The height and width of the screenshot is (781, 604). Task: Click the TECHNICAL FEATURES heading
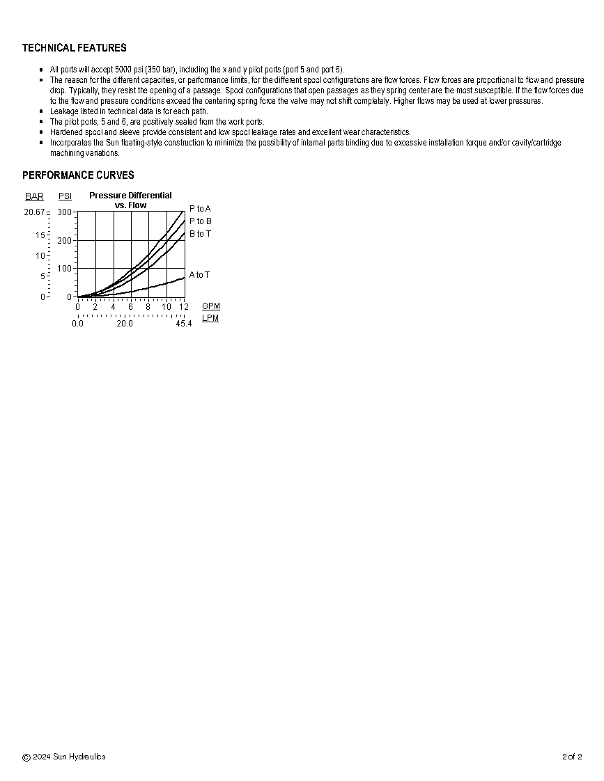[75, 48]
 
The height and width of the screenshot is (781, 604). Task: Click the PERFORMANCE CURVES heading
[78, 175]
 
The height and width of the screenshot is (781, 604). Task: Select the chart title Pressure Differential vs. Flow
[130, 200]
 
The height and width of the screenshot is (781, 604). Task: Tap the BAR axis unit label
[34, 197]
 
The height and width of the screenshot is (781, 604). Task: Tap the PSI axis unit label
[65, 197]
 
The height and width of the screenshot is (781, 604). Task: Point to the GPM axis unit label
[210, 306]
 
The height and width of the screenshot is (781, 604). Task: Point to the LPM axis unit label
[210, 319]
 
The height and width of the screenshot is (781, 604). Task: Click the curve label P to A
[200, 209]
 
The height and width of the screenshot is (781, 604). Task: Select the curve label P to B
[200, 221]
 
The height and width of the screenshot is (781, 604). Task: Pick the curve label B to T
[200, 234]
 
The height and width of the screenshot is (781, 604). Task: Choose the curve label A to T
[199, 275]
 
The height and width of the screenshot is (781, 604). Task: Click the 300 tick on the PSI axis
[64, 212]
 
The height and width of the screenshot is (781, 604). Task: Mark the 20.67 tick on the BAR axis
[34, 212]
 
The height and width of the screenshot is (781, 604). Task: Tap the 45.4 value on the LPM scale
[183, 324]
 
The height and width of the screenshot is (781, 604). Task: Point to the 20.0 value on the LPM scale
[125, 324]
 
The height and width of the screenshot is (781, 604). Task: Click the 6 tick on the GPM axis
[130, 307]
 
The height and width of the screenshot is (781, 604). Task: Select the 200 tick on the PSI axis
[64, 241]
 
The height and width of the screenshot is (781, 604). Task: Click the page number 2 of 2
[572, 757]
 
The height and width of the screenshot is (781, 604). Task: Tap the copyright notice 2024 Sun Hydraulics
[64, 757]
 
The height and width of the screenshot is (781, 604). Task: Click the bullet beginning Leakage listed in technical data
[129, 111]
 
